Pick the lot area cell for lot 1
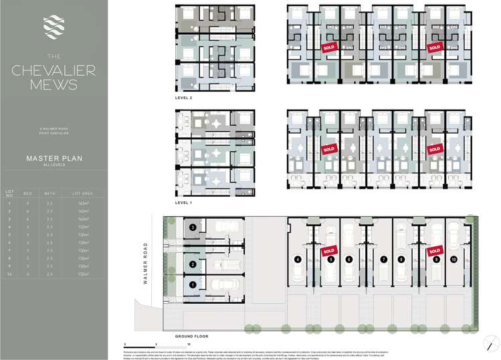[84, 202]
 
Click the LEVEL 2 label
[184, 98]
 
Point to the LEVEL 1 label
[184, 201]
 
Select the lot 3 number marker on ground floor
[192, 228]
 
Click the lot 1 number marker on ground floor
[192, 284]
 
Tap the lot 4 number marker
[297, 259]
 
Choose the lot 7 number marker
[383, 259]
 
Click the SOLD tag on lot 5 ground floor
[328, 251]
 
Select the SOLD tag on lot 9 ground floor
[435, 251]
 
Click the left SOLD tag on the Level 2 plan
[328, 48]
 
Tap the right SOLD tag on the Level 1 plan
[435, 149]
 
